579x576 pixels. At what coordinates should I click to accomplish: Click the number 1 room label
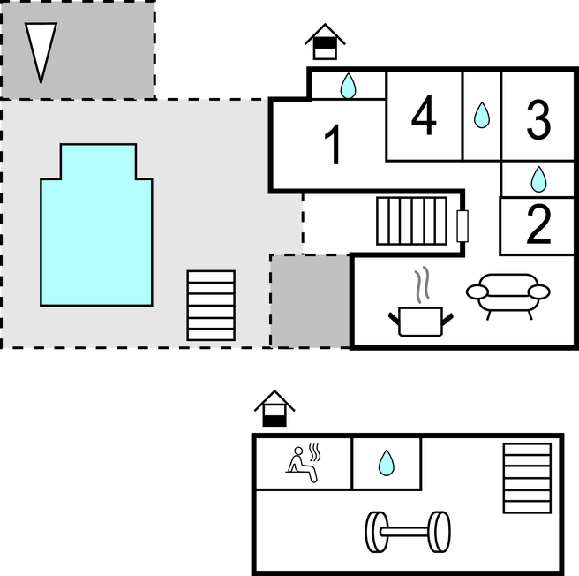click(333, 145)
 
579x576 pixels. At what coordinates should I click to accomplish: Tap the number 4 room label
click(424, 115)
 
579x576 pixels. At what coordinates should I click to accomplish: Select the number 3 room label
click(538, 120)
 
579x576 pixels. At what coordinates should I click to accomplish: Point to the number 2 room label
click(538, 224)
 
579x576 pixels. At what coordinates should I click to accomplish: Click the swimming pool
click(96, 224)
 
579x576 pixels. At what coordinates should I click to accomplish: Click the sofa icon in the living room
click(508, 296)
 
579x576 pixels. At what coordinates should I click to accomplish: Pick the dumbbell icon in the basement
click(408, 532)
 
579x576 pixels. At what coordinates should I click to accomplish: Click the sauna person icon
click(304, 463)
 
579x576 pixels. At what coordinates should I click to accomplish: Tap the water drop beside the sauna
click(387, 463)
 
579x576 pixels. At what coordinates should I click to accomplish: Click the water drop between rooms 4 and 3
click(482, 116)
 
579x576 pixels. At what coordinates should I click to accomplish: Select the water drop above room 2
click(538, 179)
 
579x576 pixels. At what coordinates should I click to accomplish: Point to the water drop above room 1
click(348, 86)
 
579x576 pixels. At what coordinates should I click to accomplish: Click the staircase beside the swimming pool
click(211, 306)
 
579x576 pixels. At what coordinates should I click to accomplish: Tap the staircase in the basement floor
click(527, 479)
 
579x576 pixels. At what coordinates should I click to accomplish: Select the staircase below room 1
click(411, 221)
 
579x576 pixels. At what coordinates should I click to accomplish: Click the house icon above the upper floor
click(325, 42)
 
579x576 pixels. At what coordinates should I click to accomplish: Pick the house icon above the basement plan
click(274, 408)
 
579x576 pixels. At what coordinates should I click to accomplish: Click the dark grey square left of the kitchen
click(310, 301)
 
